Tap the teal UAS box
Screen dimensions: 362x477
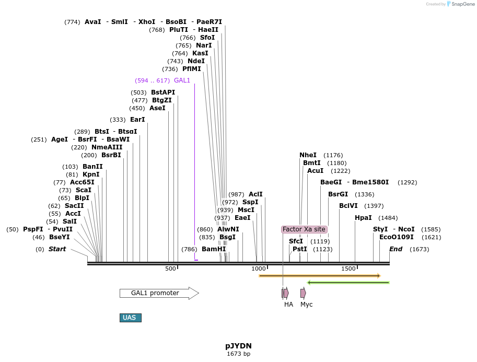tap(130, 318)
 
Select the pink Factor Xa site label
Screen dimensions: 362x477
tap(304, 229)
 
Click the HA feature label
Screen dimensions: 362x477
tap(288, 304)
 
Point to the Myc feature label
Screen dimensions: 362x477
tap(306, 304)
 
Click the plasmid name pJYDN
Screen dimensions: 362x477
tap(238, 346)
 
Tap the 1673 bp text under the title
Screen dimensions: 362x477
tap(238, 354)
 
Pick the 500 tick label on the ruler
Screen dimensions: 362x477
tap(170, 268)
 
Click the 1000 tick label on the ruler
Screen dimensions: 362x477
tap(259, 268)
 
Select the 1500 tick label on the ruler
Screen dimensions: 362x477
tap(348, 268)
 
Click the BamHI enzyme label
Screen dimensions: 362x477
tap(214, 249)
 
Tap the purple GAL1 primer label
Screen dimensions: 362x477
tap(182, 80)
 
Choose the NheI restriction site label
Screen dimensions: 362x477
tap(308, 155)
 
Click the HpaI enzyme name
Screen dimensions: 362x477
tap(363, 218)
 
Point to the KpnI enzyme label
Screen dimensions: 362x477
tap(91, 174)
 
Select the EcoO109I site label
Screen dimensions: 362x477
tap(396, 237)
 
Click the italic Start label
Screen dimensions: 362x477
tap(57, 249)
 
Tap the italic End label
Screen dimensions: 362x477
tap(395, 249)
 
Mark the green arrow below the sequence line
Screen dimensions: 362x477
tap(348, 283)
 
